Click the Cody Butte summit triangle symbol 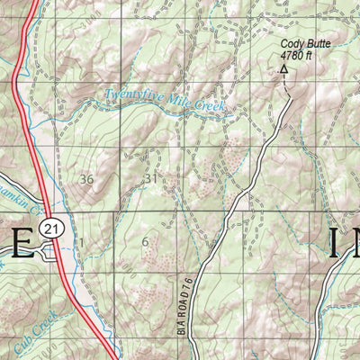[x=284, y=68]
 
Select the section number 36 [x=86, y=179]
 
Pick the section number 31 [x=150, y=179]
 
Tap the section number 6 [x=145, y=241]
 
